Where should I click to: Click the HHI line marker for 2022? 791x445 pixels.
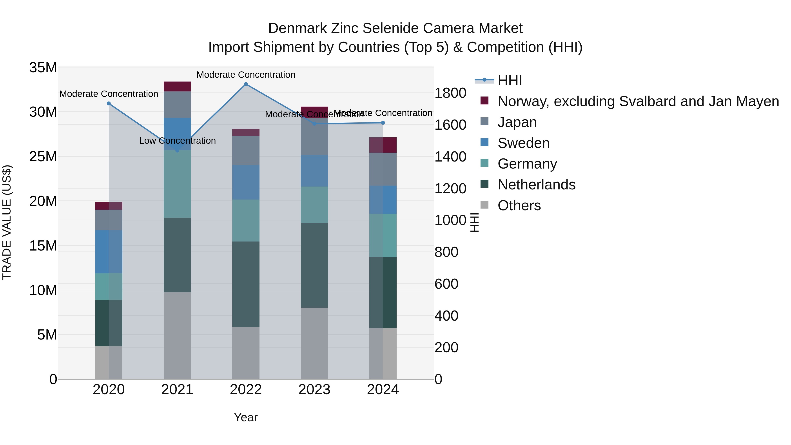246,84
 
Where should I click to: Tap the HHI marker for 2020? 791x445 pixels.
109,104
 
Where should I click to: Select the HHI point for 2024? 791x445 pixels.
383,123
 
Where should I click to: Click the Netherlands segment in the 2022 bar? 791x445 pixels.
246,284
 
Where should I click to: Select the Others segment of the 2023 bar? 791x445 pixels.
314,343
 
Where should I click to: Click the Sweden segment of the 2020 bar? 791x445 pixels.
109,252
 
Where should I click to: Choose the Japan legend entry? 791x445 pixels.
517,122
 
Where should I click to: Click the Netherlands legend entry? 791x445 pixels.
536,185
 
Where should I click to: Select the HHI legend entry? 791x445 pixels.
510,80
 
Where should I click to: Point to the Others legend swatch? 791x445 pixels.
484,205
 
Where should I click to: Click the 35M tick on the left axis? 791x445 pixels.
43,67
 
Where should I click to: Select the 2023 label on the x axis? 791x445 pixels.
314,390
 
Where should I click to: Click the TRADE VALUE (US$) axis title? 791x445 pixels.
7,222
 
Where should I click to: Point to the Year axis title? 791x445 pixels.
246,417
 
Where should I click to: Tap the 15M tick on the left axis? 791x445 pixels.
43,246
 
